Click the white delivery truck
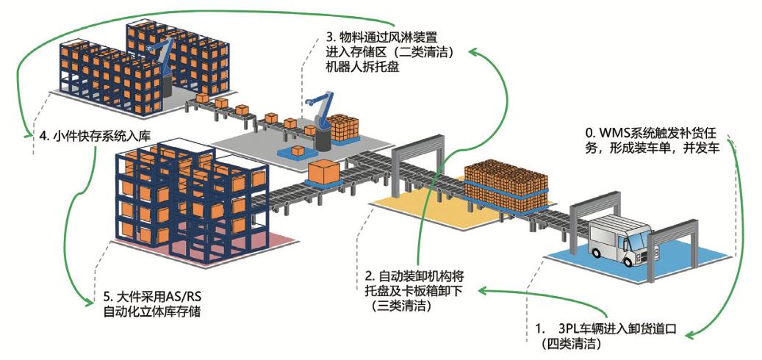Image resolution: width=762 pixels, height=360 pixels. [x=622, y=242]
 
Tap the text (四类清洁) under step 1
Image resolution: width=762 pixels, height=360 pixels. [x=572, y=342]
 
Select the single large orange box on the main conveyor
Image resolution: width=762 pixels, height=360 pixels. [x=324, y=173]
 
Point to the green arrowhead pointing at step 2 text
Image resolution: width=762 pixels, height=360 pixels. [x=482, y=291]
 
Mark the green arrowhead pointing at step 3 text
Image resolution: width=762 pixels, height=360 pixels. [x=473, y=52]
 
